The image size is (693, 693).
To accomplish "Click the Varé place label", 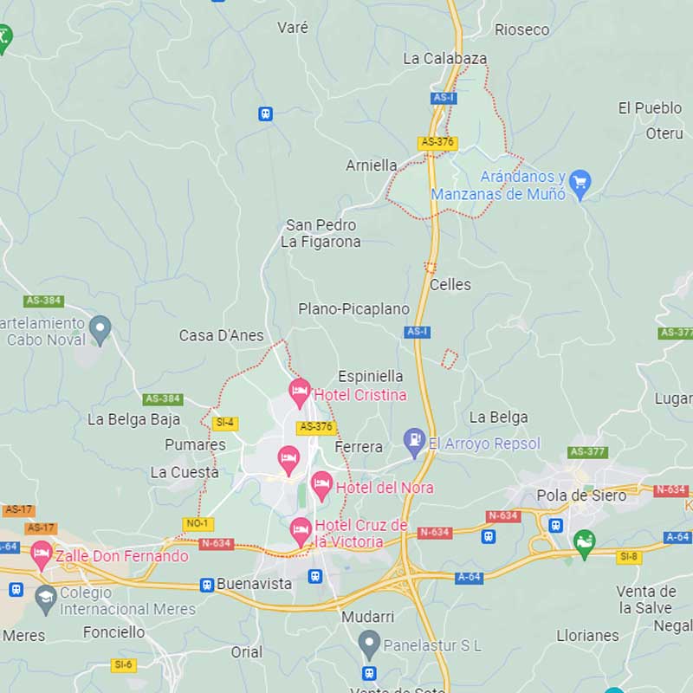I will (293, 28).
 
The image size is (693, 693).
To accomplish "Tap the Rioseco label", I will (521, 30).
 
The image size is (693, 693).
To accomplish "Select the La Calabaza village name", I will (445, 59).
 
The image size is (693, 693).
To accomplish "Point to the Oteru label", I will (664, 133).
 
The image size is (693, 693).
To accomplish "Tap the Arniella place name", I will (372, 165).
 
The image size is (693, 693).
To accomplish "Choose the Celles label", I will (450, 285).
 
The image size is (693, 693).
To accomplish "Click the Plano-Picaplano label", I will (353, 309).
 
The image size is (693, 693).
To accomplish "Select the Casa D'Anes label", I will (221, 336).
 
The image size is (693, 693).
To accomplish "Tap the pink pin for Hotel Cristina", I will (300, 392).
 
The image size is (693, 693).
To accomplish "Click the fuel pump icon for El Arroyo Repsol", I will (415, 441).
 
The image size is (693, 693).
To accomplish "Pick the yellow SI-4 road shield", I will (225, 424).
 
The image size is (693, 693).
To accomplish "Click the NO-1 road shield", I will (198, 524).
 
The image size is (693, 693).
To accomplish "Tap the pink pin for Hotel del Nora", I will (321, 485).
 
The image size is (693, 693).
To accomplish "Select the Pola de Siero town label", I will (581, 495).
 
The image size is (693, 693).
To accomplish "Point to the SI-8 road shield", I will (629, 557).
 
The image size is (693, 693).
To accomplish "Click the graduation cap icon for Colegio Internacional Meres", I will (45, 596).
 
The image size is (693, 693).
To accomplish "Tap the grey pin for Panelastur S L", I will (370, 644).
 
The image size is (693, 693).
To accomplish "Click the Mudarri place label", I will (368, 617).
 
